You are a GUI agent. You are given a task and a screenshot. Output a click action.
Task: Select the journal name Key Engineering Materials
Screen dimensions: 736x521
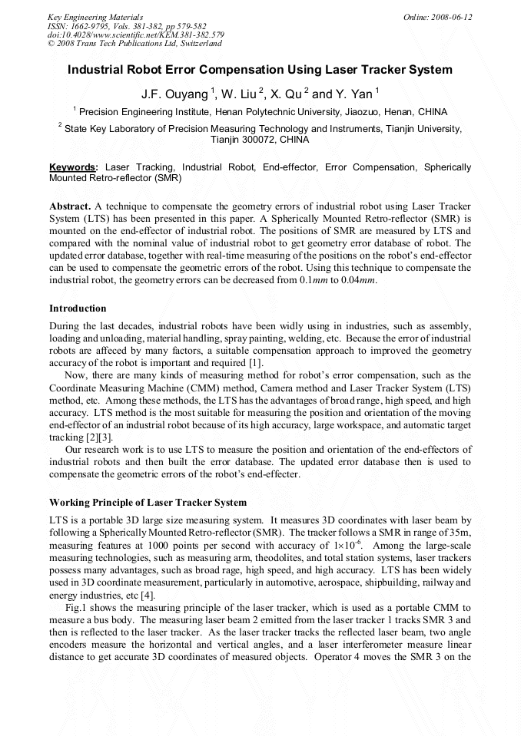pos(95,16)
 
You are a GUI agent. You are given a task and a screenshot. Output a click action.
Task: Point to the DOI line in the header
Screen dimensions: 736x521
pos(135,35)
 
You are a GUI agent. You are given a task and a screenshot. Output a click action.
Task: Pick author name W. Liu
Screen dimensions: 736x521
pos(240,94)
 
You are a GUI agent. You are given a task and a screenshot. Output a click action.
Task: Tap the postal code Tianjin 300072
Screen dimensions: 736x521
pos(243,140)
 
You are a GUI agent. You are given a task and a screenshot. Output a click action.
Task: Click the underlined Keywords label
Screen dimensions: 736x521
pos(74,167)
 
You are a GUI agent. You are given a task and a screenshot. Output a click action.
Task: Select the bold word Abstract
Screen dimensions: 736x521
pos(70,206)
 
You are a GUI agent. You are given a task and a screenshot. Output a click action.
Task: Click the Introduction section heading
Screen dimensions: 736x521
pos(78,309)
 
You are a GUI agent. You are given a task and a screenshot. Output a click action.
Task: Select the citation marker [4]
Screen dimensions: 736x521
pos(148,595)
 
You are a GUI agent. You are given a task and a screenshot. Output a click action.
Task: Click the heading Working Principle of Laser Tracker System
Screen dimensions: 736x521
pos(148,503)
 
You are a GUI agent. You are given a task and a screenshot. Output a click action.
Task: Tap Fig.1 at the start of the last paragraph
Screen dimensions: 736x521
pos(76,608)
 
